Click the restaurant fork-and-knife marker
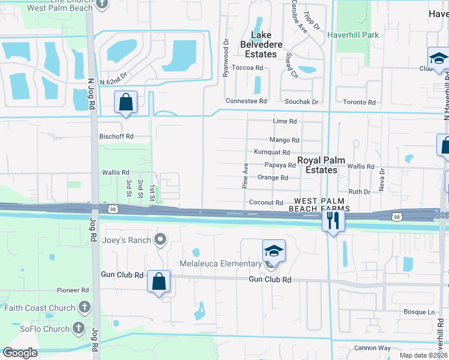point(332,220)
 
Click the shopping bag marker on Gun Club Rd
point(158,281)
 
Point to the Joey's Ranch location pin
point(160,240)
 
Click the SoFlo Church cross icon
point(79,328)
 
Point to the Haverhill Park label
point(353,35)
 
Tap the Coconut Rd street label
point(266,203)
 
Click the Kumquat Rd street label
point(271,152)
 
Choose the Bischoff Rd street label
point(116,136)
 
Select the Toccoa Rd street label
point(247,68)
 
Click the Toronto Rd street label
point(360,102)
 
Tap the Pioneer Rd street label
point(73,290)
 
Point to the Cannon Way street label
point(372,348)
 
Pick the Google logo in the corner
point(20,353)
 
